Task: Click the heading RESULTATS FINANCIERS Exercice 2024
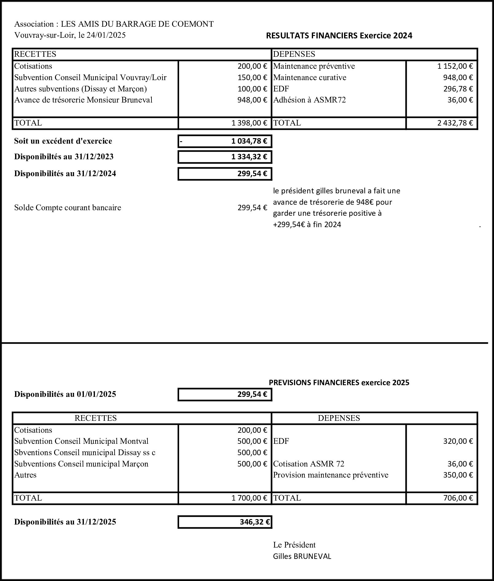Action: pyautogui.click(x=339, y=36)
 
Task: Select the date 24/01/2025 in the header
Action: pyautogui.click(x=106, y=35)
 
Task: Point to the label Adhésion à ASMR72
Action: pyautogui.click(x=309, y=100)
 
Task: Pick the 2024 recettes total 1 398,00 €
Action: pyautogui.click(x=249, y=123)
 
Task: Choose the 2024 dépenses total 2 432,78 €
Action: pyautogui.click(x=455, y=123)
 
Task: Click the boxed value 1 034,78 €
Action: pyautogui.click(x=249, y=141)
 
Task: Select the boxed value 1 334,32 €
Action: pyautogui.click(x=249, y=157)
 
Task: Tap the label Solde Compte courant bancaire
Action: pyautogui.click(x=68, y=208)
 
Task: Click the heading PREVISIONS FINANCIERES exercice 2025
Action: pyautogui.click(x=339, y=382)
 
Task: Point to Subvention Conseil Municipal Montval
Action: pyautogui.click(x=81, y=441)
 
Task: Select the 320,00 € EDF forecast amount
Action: pyautogui.click(x=458, y=441)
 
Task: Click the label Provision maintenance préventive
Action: pyautogui.click(x=331, y=475)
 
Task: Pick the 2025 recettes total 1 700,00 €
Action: pyautogui.click(x=249, y=498)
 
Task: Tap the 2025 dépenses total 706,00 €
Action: pyautogui.click(x=458, y=498)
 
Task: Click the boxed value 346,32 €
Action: pyautogui.click(x=255, y=522)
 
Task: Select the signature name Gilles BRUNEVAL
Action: pyautogui.click(x=302, y=556)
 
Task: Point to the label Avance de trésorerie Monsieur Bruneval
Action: pyautogui.click(x=83, y=100)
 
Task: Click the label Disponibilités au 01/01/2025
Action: pyautogui.click(x=65, y=394)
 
